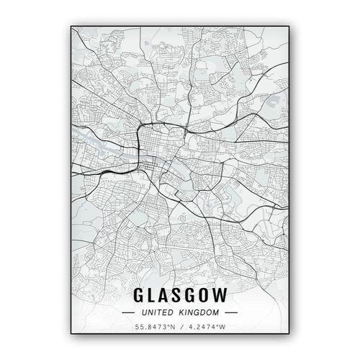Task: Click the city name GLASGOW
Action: coord(180,295)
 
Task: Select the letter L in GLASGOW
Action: coord(153,295)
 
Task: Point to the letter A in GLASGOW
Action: coord(166,295)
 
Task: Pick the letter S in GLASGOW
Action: coord(179,295)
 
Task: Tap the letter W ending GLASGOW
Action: coord(220,295)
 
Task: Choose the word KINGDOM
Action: coord(200,314)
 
